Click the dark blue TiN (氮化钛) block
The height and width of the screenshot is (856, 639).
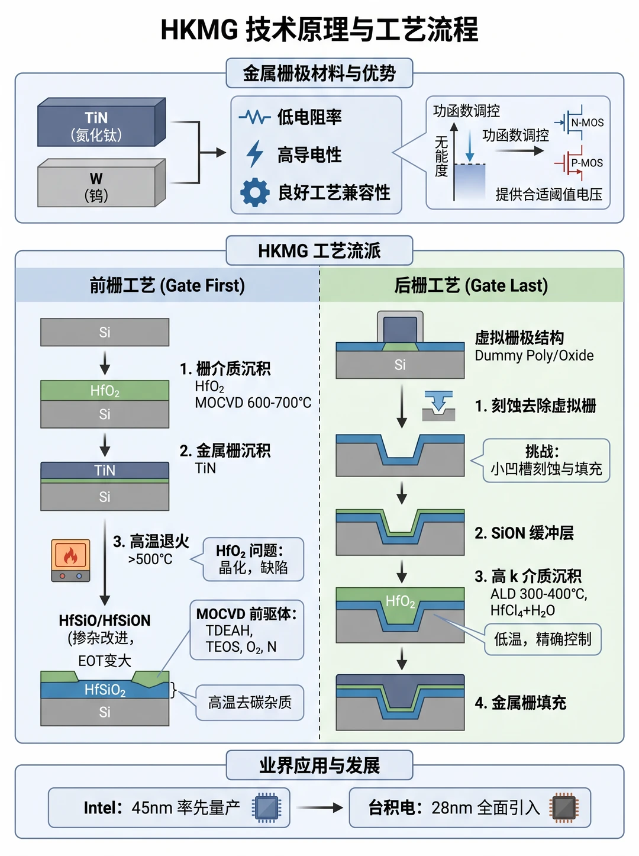[101, 123]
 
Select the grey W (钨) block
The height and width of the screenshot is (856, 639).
[101, 183]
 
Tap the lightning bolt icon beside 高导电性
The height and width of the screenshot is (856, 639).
[255, 154]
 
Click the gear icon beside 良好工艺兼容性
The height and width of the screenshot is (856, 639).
[255, 192]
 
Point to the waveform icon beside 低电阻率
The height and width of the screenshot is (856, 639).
[255, 116]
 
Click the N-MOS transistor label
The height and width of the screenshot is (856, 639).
[587, 123]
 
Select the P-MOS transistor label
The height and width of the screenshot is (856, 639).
[587, 163]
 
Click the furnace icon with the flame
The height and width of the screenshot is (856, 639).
[70, 561]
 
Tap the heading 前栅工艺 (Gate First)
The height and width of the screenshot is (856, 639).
[167, 285]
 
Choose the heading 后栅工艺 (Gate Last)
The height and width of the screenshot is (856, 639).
[471, 285]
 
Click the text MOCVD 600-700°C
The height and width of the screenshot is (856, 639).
[253, 403]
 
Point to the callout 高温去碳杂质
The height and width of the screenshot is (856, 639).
[250, 702]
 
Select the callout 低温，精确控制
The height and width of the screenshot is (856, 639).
[543, 639]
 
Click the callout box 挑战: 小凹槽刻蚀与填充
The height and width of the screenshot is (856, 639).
[546, 461]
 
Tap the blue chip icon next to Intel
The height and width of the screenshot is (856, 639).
[266, 807]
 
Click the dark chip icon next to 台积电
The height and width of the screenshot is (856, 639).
[564, 807]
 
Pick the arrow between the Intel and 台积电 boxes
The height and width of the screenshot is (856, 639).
[319, 807]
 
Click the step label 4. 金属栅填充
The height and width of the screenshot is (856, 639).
[521, 703]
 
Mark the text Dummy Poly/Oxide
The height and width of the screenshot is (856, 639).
[534, 356]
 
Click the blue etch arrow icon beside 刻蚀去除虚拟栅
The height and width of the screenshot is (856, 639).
[439, 405]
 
